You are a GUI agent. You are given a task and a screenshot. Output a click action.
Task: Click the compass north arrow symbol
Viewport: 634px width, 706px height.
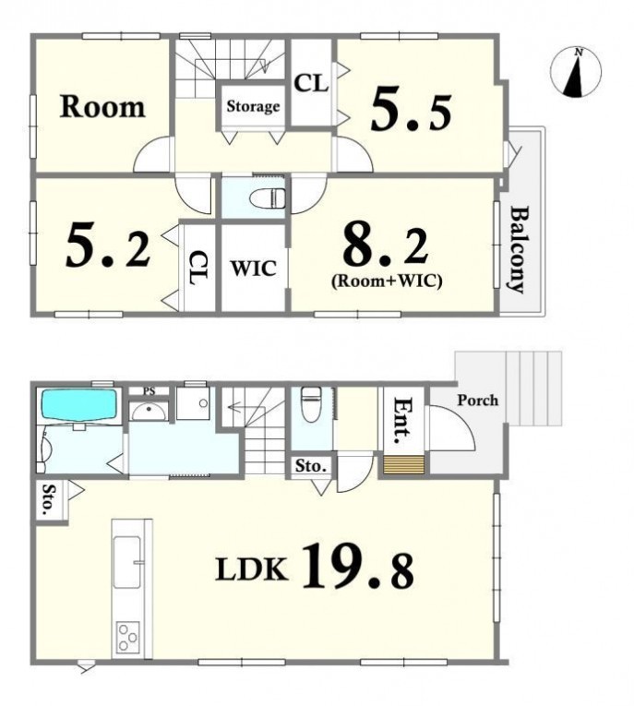tap(576, 72)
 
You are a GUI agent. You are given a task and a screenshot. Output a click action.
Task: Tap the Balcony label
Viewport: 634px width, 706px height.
tap(519, 249)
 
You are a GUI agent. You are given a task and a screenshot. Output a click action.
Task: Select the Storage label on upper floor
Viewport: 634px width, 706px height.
tap(253, 107)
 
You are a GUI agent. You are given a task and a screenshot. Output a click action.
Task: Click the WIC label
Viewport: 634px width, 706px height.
tap(254, 269)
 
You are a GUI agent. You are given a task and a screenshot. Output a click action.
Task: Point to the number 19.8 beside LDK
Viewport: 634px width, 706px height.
tap(358, 566)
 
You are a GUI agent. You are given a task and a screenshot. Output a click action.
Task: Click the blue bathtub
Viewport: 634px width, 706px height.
tap(79, 405)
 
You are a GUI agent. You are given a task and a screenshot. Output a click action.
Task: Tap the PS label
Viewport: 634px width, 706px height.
tap(150, 391)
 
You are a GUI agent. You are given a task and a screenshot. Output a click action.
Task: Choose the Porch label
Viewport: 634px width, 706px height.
tap(478, 401)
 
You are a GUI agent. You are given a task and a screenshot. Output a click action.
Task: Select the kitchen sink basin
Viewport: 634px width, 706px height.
tap(126, 562)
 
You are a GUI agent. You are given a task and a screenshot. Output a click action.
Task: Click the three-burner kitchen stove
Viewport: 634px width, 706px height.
tap(128, 637)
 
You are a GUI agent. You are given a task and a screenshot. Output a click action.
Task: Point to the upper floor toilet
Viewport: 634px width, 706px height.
tap(267, 198)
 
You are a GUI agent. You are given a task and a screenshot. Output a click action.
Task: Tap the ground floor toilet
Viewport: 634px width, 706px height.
tap(310, 404)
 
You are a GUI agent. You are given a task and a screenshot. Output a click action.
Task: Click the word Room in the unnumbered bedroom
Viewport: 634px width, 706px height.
tap(102, 107)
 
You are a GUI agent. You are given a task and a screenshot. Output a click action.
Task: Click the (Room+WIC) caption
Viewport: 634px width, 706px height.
tap(387, 281)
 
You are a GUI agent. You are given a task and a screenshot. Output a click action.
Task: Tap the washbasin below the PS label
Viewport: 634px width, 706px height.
tap(150, 412)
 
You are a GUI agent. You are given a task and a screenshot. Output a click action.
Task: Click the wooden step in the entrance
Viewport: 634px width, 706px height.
tap(404, 465)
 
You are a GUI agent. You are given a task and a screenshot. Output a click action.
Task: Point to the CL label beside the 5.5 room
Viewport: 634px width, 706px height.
tap(311, 84)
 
